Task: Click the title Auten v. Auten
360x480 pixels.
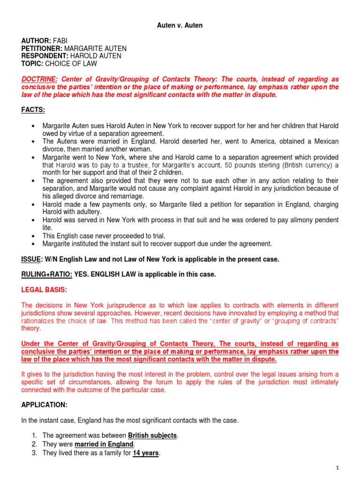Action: tap(180, 25)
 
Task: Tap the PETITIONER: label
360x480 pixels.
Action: tap(42, 49)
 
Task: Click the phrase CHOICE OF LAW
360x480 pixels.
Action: tap(67, 64)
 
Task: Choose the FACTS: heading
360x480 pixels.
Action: tap(34, 110)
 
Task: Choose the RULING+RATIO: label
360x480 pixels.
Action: tap(47, 275)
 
